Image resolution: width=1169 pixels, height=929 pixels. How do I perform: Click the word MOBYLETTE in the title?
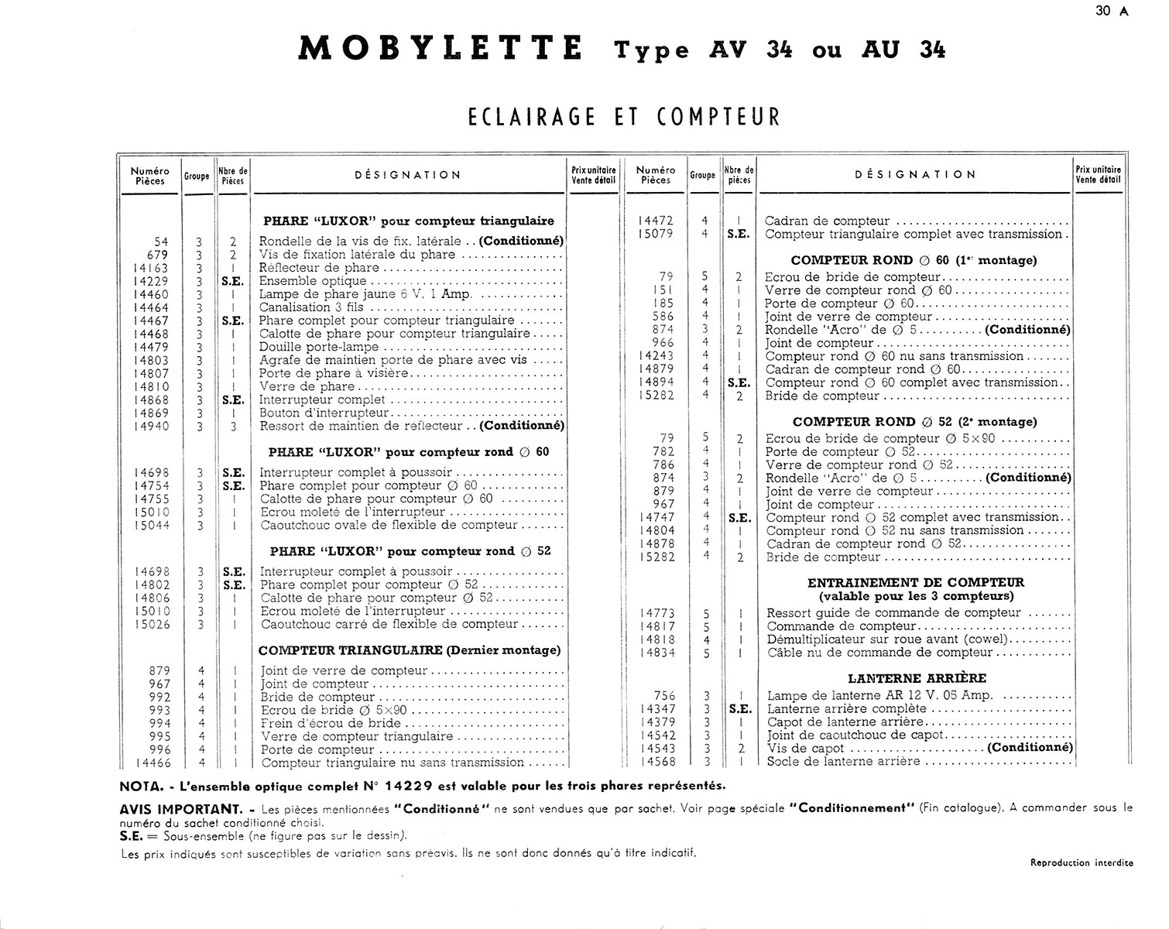(x=441, y=48)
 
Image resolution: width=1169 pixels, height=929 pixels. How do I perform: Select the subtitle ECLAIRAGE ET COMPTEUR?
(x=624, y=116)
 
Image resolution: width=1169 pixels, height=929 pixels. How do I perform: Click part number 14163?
(x=150, y=268)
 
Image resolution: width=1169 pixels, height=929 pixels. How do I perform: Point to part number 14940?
(x=150, y=426)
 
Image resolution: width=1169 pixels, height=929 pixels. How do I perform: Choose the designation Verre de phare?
(x=307, y=386)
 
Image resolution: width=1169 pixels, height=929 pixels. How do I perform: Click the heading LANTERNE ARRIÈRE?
(x=917, y=678)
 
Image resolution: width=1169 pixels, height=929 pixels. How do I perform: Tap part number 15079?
(x=656, y=234)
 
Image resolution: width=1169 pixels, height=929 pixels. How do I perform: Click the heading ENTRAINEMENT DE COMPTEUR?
(x=916, y=582)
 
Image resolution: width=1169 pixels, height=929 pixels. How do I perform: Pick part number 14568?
(x=657, y=762)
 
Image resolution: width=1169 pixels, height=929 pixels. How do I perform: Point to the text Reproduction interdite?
(x=1082, y=862)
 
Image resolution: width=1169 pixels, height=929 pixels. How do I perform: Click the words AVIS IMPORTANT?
(x=178, y=807)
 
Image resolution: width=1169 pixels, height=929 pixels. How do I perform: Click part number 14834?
(x=657, y=653)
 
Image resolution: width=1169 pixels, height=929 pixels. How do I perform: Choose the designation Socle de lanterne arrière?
(x=843, y=762)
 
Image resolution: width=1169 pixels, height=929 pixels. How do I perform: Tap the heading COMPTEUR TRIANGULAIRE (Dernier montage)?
(x=410, y=650)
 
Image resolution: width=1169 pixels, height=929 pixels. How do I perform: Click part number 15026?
(x=151, y=625)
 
